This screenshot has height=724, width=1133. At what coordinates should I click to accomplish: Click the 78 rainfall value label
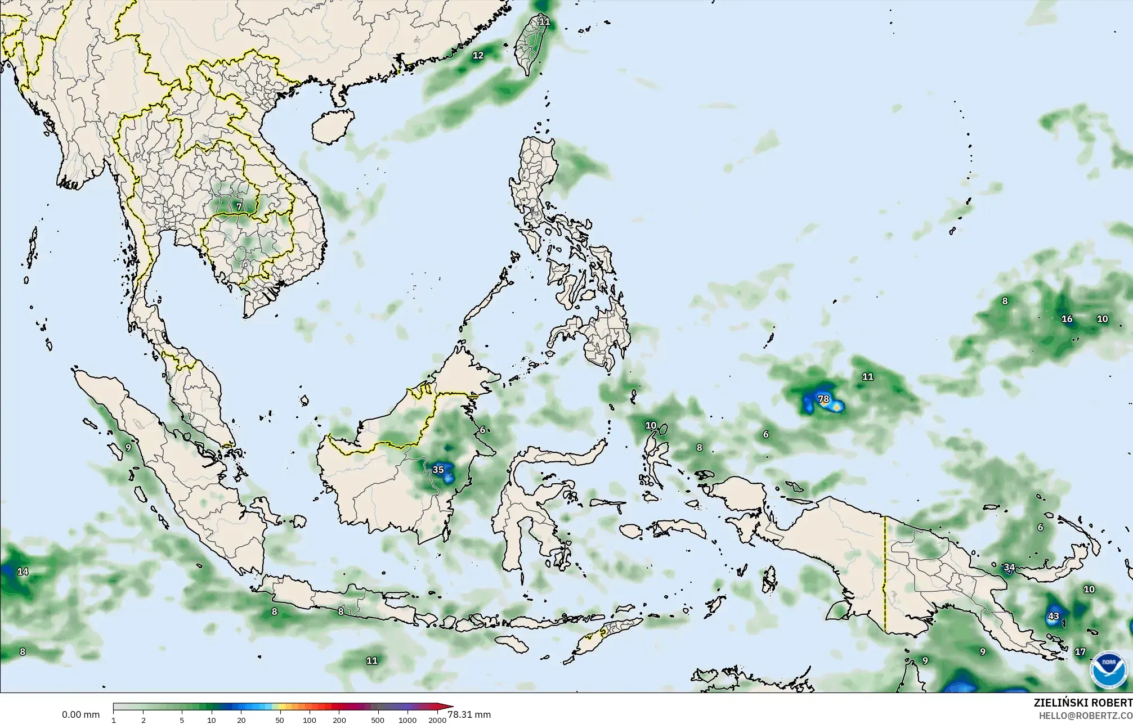823,399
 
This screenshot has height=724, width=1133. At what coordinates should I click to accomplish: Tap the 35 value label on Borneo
438,469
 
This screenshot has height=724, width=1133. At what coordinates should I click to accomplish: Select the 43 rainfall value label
1053,616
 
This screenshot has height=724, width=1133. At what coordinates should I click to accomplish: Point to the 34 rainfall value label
1009,567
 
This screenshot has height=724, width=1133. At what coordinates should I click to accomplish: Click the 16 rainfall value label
1067,319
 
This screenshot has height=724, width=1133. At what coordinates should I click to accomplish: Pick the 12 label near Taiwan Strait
478,55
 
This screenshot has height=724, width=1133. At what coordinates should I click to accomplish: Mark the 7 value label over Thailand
239,206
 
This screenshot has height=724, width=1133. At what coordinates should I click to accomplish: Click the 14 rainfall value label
23,572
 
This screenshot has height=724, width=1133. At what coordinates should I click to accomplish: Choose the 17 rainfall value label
1080,652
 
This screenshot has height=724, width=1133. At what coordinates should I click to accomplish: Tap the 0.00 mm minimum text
80,715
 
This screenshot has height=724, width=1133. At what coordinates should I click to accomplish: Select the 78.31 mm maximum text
469,715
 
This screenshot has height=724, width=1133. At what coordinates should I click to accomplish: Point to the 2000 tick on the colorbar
437,720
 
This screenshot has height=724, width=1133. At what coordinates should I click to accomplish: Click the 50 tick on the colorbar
279,720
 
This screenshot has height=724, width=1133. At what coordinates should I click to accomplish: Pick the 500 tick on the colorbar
378,720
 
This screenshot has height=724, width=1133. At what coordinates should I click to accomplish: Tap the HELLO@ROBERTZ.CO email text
1085,715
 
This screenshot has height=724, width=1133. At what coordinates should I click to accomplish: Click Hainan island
332,125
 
